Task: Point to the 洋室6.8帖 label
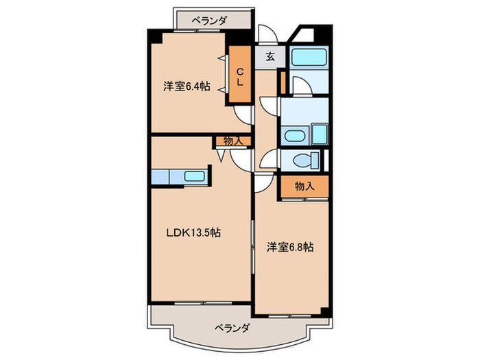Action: (x=291, y=247)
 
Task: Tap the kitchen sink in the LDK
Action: (x=195, y=177)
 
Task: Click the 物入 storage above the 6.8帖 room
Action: (x=304, y=187)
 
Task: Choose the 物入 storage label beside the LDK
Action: (x=232, y=141)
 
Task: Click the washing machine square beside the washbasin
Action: (x=320, y=133)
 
